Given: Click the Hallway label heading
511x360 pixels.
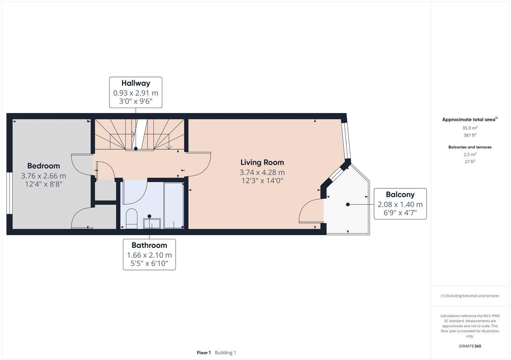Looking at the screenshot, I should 135,83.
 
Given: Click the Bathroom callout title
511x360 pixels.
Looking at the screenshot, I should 149,245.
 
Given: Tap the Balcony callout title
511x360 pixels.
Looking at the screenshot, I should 400,194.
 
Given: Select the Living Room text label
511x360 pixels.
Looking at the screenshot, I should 262,162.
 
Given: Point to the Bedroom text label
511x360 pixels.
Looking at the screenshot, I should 43,166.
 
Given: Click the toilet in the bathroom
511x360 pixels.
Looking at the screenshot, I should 131,219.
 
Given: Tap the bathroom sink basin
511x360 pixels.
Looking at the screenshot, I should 152,223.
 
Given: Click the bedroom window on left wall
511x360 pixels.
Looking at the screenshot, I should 10,193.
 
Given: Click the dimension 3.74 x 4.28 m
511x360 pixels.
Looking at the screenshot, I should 262,172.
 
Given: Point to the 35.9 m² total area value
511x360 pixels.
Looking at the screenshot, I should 470,128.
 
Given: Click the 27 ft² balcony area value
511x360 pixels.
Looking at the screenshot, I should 470,162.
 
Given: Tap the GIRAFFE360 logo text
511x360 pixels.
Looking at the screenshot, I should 470,346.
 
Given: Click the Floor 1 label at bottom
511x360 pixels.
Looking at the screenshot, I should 204,353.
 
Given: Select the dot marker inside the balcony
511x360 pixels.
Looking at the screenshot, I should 347,204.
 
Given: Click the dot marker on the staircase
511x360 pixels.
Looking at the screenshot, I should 136,149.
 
